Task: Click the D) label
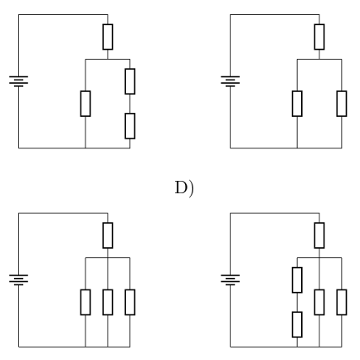click(x=184, y=188)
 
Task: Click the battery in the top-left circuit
click(x=18, y=81)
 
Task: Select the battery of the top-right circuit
click(x=230, y=81)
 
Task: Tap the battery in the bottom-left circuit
click(x=18, y=280)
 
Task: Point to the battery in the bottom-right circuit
click(x=230, y=280)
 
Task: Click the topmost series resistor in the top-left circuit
click(x=108, y=37)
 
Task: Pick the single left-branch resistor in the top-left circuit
click(x=85, y=104)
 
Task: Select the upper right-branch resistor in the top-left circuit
click(x=130, y=81)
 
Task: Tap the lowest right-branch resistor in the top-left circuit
click(x=130, y=126)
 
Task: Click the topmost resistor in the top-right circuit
click(x=319, y=37)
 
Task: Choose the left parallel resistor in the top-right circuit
click(x=297, y=104)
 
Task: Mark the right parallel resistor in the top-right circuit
click(x=342, y=104)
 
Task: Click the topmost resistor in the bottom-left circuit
click(x=108, y=236)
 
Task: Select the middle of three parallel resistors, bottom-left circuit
click(x=108, y=302)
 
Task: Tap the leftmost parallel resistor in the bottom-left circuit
click(x=85, y=302)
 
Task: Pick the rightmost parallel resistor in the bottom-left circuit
click(x=130, y=302)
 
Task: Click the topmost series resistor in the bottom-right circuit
click(x=319, y=236)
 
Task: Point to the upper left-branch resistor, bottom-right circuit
click(x=297, y=280)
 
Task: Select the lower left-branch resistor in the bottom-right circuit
click(x=297, y=324)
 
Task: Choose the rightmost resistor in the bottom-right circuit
click(x=342, y=302)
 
